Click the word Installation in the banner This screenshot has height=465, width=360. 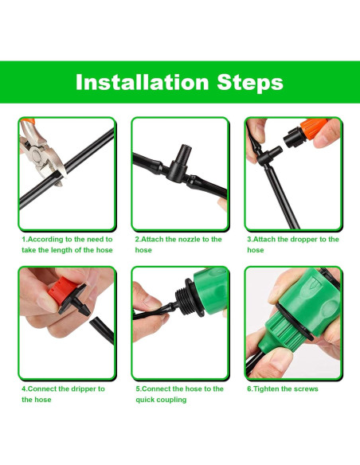point(139,82)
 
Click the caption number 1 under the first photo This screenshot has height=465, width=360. point(23,239)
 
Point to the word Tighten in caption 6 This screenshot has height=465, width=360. point(267,389)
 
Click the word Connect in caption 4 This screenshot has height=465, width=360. point(44,389)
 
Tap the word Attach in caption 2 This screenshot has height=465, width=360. point(153,239)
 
